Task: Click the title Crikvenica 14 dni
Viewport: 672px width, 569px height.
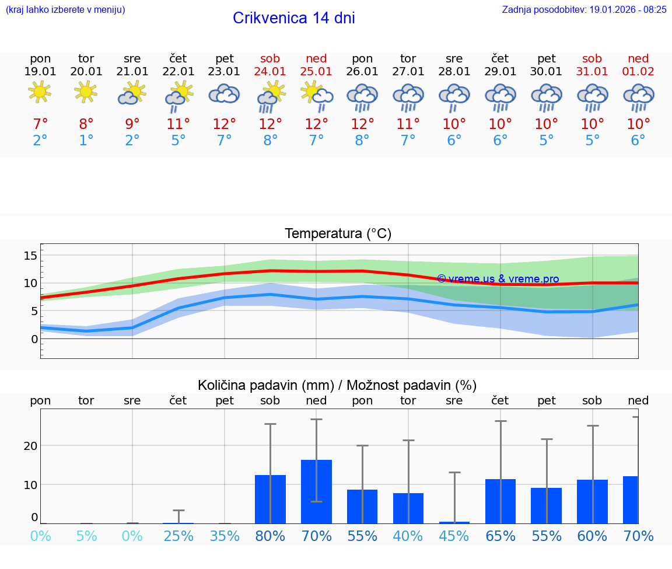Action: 293,18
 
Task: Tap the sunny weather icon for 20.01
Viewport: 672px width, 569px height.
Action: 86,92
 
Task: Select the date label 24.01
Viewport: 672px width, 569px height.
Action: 270,72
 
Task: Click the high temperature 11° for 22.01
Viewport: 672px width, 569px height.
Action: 178,124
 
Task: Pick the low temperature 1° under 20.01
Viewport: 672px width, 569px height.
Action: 86,141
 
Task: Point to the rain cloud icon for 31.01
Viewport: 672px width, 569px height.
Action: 593,97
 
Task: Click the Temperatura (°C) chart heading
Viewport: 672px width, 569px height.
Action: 338,234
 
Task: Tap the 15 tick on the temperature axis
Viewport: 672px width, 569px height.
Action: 30,255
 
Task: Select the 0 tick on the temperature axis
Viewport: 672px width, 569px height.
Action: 34,339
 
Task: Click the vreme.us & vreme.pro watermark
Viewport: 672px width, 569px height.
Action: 498,279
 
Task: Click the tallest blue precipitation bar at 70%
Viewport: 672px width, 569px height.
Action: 316,491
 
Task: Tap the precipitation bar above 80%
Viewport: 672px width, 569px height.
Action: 270,499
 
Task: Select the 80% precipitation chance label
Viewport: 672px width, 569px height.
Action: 270,536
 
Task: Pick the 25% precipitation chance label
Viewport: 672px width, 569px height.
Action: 178,536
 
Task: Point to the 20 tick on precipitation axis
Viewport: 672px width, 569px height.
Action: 30,446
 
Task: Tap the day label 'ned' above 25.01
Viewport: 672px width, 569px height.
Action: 316,58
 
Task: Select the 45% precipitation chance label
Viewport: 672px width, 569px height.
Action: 454,536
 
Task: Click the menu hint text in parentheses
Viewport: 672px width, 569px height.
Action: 65,10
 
